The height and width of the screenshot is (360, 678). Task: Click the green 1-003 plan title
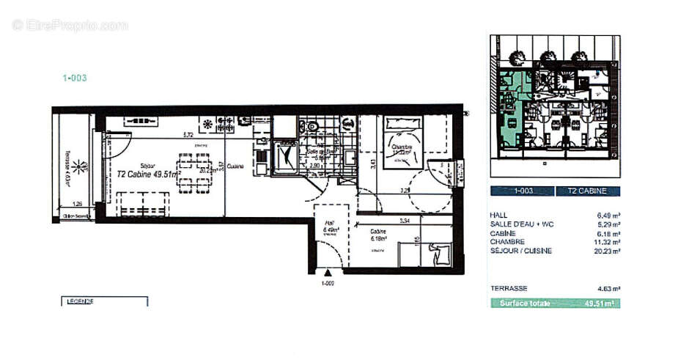[75, 77]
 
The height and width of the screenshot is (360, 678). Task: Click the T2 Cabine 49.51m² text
[150, 175]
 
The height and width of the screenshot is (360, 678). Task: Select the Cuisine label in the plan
[235, 166]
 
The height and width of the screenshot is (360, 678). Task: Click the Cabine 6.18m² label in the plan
[378, 235]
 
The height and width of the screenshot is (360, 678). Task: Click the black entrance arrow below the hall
[328, 271]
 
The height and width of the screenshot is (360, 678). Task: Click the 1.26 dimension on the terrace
[77, 205]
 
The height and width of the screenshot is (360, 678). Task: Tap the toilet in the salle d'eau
[312, 127]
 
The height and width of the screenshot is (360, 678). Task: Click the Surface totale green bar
[554, 303]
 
